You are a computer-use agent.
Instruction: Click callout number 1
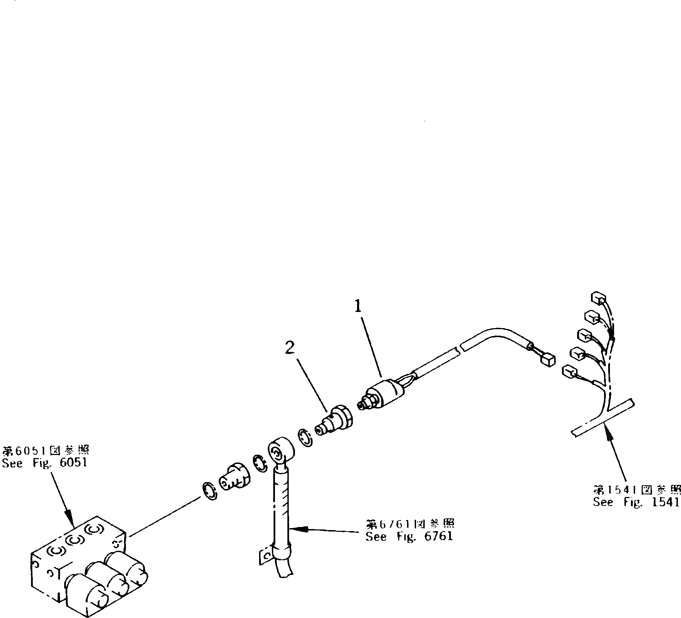[x=358, y=306]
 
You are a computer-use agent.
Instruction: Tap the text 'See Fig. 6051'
[x=45, y=463]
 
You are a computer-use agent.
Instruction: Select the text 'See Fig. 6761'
[x=409, y=536]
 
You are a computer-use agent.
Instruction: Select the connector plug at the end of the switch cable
[x=546, y=361]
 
